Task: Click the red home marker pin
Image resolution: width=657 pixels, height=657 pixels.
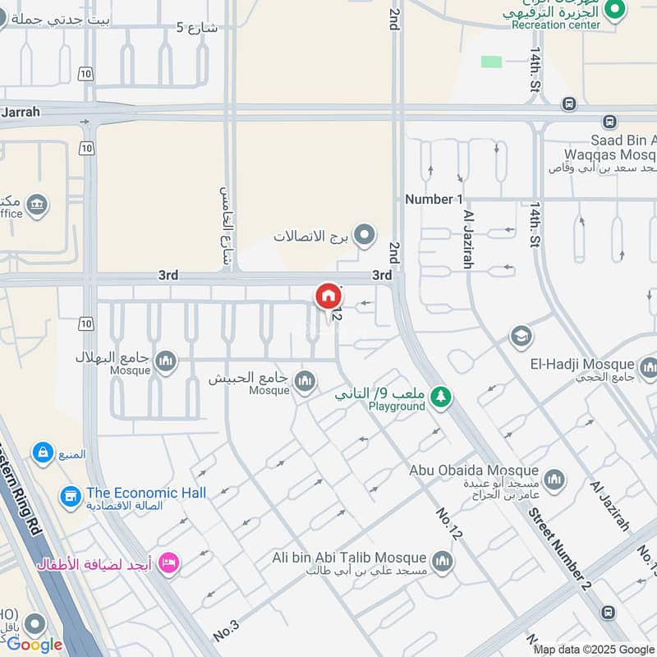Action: [328, 296]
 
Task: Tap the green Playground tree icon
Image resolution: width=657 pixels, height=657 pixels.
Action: [442, 397]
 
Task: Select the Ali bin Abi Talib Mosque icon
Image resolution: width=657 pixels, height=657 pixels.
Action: [443, 562]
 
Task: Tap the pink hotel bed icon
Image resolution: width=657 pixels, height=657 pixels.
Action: [169, 563]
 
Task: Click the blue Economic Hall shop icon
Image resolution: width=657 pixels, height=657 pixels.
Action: [71, 496]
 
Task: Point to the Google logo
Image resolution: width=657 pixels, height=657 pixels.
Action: [34, 645]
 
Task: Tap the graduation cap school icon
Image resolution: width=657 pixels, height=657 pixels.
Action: [521, 336]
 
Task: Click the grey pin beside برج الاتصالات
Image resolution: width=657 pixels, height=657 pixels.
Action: [365, 236]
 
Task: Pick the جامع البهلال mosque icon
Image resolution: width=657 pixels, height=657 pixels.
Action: [166, 361]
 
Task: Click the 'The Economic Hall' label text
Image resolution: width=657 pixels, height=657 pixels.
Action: [146, 493]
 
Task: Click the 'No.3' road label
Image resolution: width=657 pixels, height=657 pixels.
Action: [225, 631]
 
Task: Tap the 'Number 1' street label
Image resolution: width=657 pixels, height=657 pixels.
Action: [434, 199]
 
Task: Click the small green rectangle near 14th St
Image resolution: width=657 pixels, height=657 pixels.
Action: [491, 62]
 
